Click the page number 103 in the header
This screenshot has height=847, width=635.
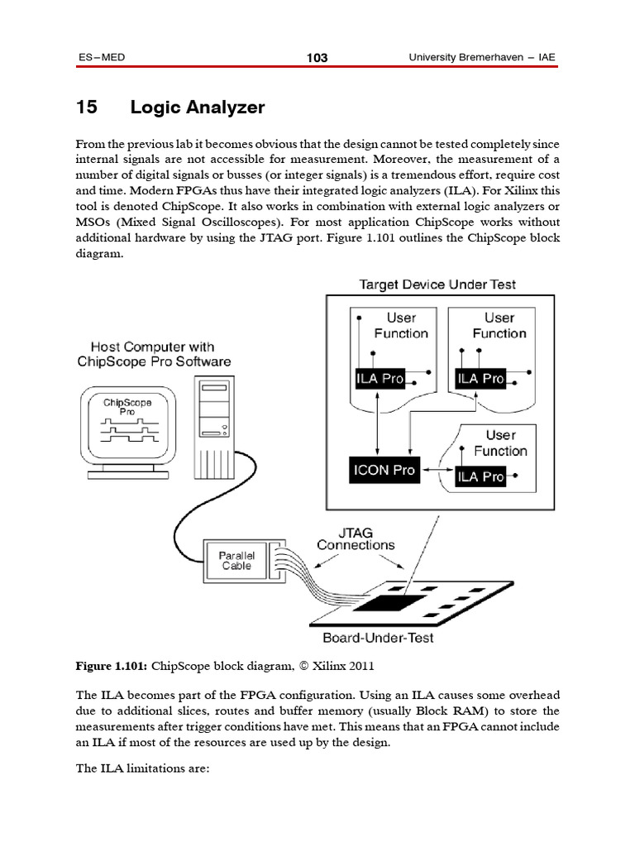coord(317,57)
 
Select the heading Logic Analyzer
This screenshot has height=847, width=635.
coord(197,108)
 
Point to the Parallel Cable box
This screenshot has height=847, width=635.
coord(236,560)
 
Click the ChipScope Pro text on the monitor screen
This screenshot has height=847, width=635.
coord(127,406)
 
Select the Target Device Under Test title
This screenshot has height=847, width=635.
coord(437,285)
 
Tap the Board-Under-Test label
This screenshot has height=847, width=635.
coord(378,638)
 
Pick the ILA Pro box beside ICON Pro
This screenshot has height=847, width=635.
coord(480,476)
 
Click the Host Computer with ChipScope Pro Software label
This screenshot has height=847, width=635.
coord(154,354)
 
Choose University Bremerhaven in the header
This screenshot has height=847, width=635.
coord(467,57)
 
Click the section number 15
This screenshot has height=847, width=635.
coord(87,108)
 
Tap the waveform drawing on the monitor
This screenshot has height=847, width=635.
coord(127,429)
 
